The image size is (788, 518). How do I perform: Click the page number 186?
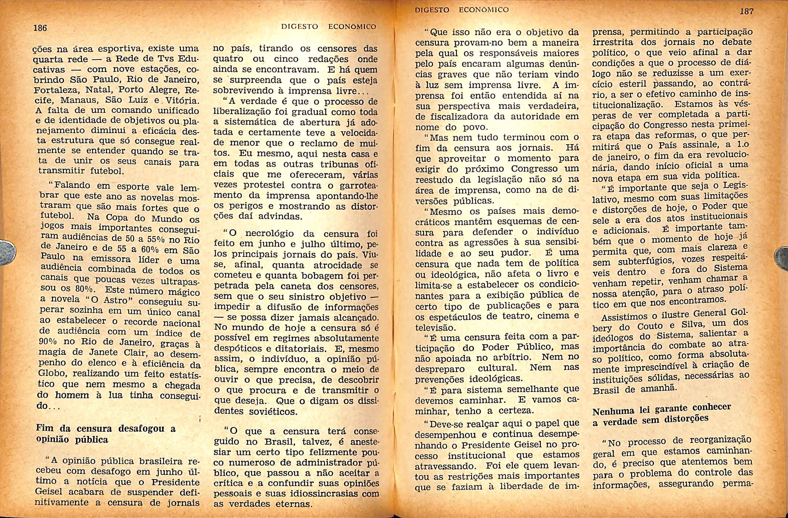(40, 28)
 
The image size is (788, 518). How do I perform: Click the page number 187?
(747, 11)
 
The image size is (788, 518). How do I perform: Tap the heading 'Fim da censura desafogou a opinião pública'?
(105, 434)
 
